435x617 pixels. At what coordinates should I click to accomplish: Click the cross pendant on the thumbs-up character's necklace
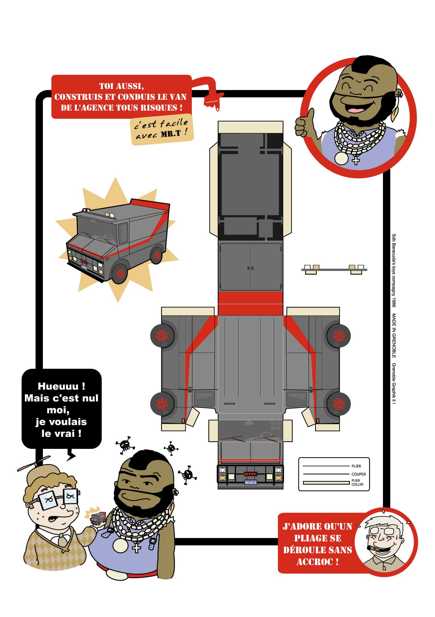[x=356, y=160]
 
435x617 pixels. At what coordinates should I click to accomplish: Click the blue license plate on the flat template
[x=250, y=482]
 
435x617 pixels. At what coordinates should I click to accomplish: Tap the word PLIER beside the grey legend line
[x=356, y=466]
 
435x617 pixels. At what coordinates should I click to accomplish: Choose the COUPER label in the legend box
[x=358, y=474]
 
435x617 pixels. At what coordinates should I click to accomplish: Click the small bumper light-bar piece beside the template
[x=334, y=269]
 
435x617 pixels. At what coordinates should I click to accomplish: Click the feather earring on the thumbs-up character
[x=395, y=114]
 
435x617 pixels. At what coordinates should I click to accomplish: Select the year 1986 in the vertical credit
[x=394, y=301]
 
